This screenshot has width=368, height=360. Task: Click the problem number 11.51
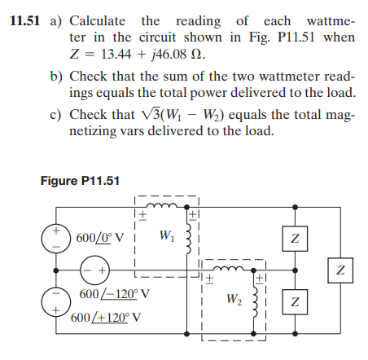[23, 19]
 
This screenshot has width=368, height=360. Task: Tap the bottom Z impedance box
[295, 302]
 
